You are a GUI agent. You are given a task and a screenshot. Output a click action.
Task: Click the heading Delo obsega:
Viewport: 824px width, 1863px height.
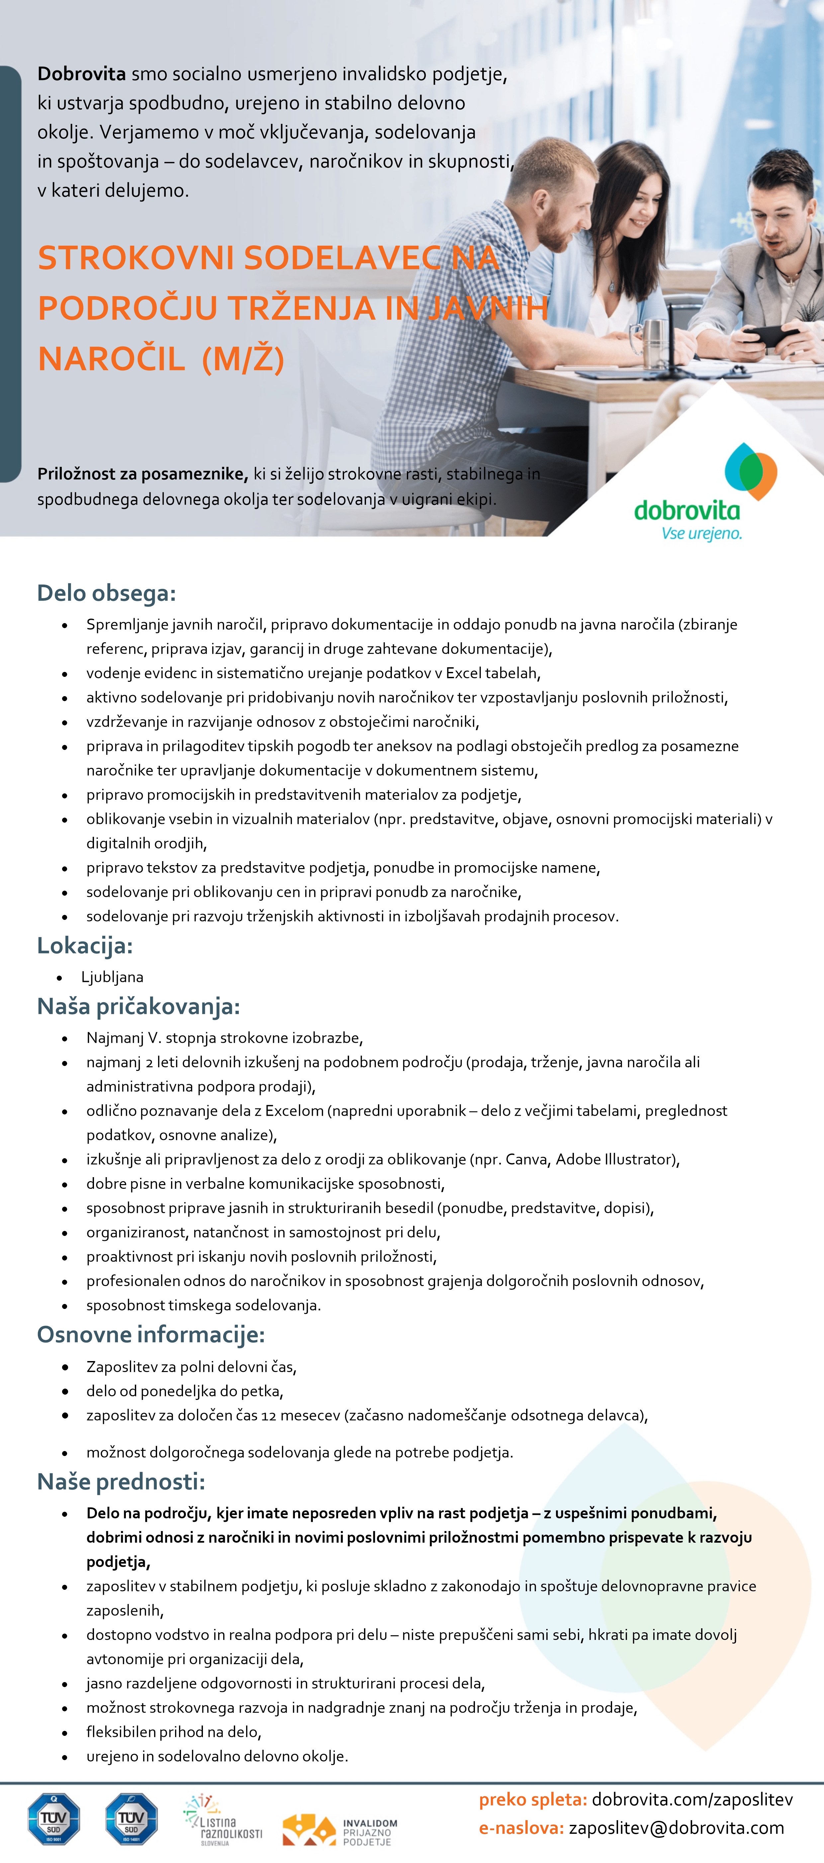point(106,593)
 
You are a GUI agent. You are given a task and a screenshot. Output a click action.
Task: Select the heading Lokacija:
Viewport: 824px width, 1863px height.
point(85,945)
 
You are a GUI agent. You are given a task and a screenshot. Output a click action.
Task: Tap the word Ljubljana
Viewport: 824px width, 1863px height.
point(112,977)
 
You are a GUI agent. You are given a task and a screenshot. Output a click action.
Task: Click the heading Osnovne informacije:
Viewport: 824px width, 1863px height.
point(150,1334)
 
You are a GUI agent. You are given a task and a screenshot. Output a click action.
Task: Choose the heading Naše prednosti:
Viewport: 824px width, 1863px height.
point(121,1482)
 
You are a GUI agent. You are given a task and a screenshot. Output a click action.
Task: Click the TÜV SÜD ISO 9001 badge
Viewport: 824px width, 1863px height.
point(53,1819)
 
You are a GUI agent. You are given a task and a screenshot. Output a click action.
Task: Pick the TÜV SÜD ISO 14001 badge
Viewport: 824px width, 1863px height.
point(131,1819)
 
